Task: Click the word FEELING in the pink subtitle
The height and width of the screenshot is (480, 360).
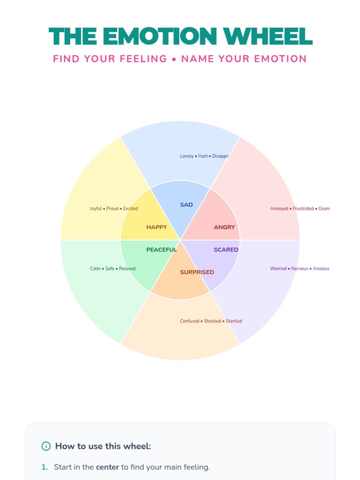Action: pos(143,59)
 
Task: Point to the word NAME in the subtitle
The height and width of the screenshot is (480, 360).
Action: pos(197,59)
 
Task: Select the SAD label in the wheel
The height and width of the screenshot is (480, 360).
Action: pos(186,205)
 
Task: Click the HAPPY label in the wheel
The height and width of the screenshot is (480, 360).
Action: pos(157,227)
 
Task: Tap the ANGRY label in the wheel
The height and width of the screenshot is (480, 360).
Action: pos(224,227)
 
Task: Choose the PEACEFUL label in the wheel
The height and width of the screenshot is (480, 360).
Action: pos(161,250)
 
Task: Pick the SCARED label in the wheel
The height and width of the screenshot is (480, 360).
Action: pos(226,250)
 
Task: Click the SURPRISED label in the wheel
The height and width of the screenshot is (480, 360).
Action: pos(197,272)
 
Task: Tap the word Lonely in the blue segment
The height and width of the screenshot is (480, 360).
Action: pos(187,156)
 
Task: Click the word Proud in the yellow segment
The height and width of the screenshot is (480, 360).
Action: pos(112,208)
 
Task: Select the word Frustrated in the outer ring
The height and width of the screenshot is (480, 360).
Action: pos(303,208)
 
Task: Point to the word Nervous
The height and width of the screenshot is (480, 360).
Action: pos(299,268)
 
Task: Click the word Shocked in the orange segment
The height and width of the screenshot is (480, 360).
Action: pos(212,321)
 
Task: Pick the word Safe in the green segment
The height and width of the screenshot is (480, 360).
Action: pos(110,268)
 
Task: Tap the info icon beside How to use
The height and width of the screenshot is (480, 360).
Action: pos(46,446)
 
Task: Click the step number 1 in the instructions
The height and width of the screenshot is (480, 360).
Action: pos(44,467)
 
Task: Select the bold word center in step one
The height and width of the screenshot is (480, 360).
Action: pos(107,467)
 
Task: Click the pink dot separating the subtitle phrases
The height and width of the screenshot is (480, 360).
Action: pos(174,59)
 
